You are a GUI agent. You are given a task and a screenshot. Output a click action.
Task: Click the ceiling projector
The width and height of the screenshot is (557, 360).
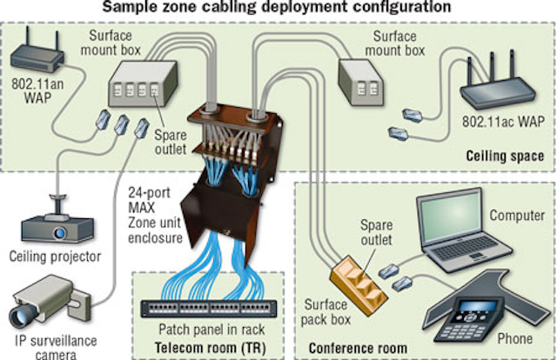(52, 228)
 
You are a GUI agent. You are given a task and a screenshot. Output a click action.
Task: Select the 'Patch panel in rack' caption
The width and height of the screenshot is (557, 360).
(206, 332)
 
